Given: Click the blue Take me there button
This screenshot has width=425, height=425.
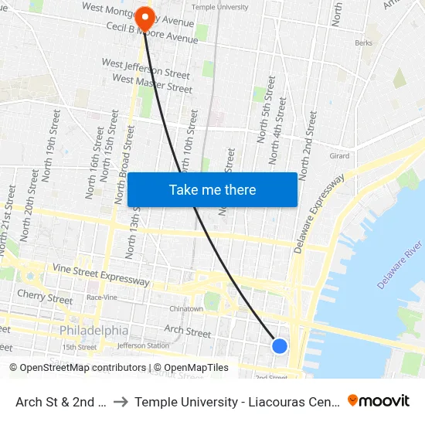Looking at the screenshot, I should point(212,189).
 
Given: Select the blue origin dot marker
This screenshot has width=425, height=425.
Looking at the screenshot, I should point(280,346).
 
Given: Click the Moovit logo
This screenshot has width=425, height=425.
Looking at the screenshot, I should point(379,400).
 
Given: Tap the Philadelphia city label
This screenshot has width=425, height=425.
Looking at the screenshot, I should point(94,330).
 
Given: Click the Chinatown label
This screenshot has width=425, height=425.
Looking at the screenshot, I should point(186,309).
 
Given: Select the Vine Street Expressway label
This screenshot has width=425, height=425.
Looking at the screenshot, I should point(100,274).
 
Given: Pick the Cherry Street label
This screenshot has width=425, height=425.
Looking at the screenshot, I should point(45,297).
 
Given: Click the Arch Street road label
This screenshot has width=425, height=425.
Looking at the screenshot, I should point(187,331).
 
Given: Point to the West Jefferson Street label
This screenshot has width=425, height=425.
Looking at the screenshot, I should point(146,68).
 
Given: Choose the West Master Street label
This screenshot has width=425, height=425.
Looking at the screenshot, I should point(152,83).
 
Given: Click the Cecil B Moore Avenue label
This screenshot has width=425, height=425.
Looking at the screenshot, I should point(151,32).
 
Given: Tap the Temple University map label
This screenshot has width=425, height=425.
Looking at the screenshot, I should point(219,7).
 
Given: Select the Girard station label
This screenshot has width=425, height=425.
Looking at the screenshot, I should point(340,156).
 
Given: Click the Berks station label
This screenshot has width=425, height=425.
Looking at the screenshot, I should point(364,44).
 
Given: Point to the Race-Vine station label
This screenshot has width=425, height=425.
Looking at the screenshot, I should point(102,297).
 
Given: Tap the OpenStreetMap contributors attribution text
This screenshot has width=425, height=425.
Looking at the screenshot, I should point(78,368).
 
